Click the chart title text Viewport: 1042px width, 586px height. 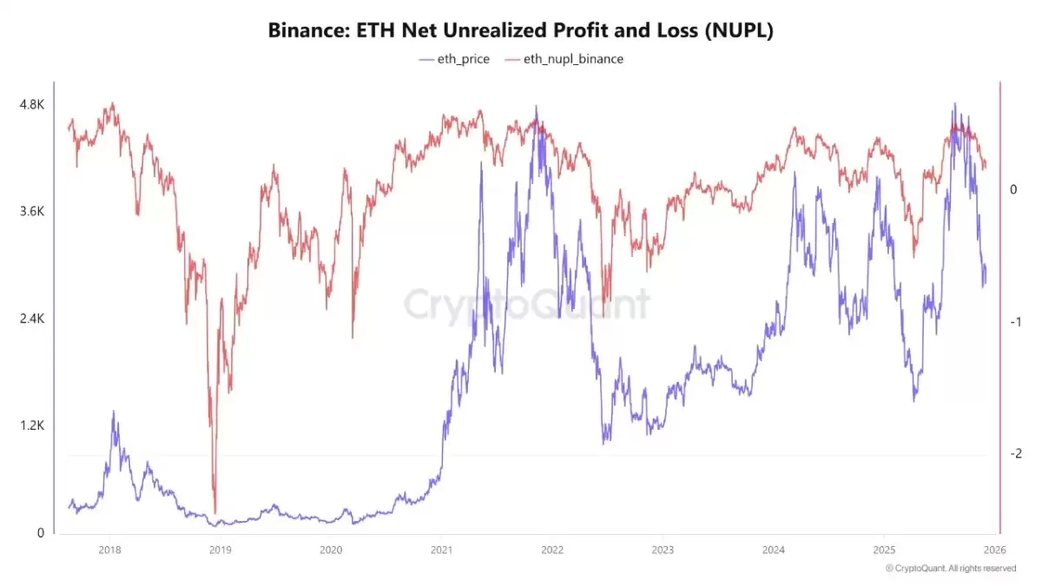[520, 30]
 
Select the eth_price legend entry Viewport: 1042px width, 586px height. [454, 59]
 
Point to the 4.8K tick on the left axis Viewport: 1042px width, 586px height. [31, 104]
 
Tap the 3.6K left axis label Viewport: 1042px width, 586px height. [31, 212]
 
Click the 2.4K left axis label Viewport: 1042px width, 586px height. [31, 319]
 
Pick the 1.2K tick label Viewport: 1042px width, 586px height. [31, 426]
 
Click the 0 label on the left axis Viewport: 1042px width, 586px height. [38, 533]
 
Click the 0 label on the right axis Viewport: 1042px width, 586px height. [1013, 190]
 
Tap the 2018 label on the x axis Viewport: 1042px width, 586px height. [109, 550]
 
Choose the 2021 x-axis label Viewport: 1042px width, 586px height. [441, 550]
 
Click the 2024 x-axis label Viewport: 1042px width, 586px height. [773, 550]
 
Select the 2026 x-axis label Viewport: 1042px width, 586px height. [994, 550]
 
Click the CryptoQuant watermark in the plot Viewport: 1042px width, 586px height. [526, 305]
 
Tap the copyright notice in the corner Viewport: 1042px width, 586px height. [950, 569]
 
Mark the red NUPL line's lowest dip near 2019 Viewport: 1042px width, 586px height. [214, 513]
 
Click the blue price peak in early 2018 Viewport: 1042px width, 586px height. [113, 412]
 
